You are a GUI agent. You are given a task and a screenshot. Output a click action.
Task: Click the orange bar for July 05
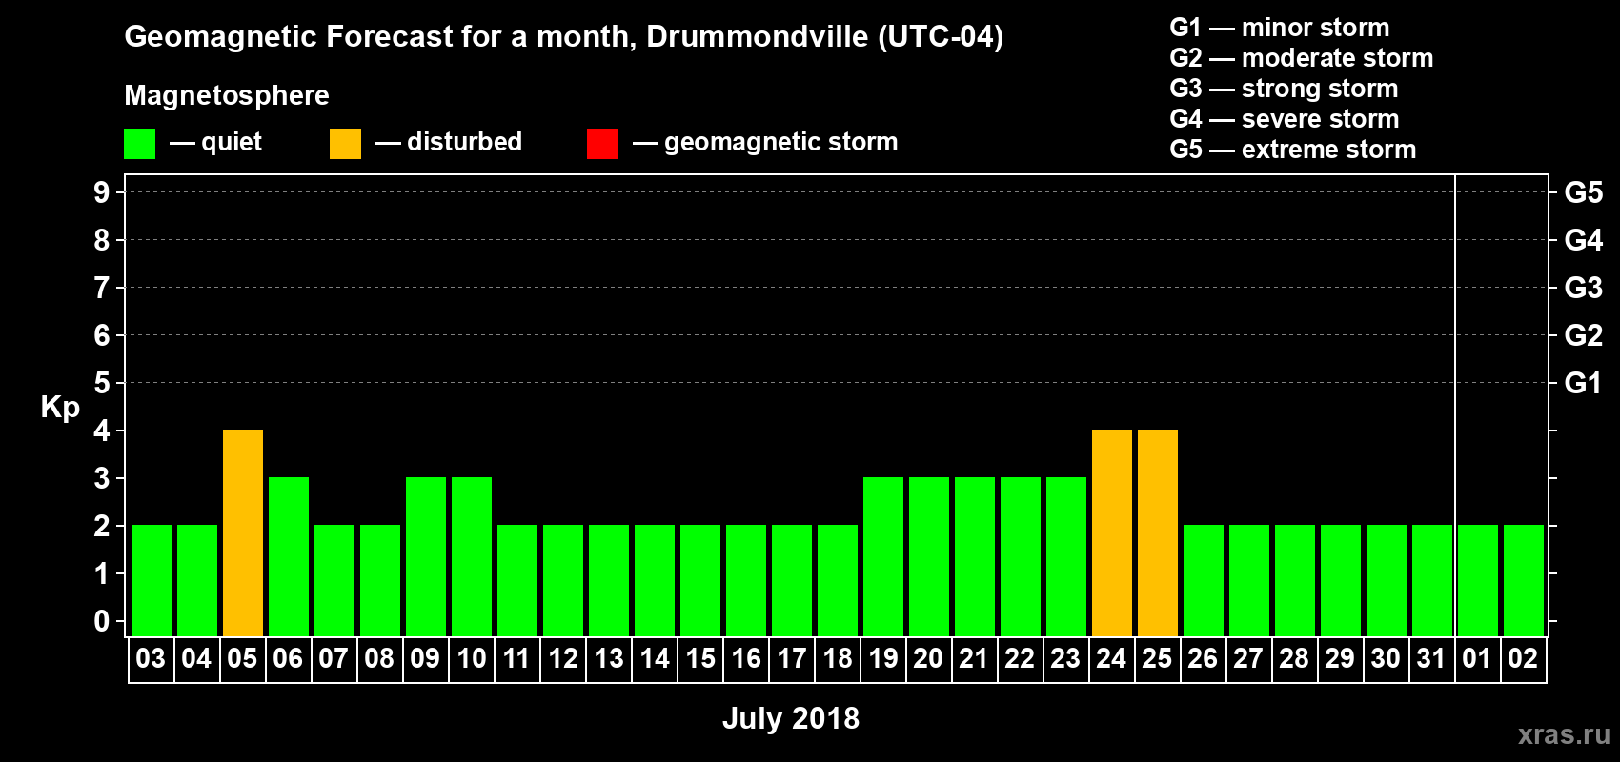click(x=243, y=532)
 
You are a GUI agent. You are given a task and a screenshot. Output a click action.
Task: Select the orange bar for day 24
click(x=1112, y=532)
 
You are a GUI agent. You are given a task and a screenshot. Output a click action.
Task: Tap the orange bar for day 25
click(x=1158, y=532)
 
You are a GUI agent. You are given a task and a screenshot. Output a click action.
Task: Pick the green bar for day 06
click(x=289, y=556)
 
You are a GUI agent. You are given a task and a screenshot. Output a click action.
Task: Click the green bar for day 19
click(x=883, y=556)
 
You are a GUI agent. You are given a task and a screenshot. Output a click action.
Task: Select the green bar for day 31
click(x=1432, y=580)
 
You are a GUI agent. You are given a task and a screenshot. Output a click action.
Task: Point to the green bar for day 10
click(x=472, y=556)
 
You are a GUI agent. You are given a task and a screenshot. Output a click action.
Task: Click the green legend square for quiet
click(x=139, y=144)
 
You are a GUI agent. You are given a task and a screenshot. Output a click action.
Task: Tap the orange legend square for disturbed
click(x=345, y=144)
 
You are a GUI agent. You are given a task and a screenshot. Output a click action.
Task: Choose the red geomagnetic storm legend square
click(x=602, y=144)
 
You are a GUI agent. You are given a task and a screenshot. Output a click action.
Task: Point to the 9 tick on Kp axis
click(x=102, y=192)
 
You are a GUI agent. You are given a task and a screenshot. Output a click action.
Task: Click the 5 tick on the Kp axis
click(x=102, y=383)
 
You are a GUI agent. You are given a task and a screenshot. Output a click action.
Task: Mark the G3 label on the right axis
click(x=1583, y=288)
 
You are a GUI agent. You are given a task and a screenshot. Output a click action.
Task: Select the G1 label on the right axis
click(x=1583, y=383)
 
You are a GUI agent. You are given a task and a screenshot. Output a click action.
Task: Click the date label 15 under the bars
click(x=700, y=658)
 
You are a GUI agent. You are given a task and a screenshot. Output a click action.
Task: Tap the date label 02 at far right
click(x=1523, y=658)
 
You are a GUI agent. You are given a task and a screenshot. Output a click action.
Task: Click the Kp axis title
click(x=60, y=408)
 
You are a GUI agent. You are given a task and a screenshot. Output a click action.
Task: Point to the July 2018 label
click(x=791, y=718)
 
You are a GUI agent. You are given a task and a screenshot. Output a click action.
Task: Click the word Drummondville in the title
click(x=758, y=37)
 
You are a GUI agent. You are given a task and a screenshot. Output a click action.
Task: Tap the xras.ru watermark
click(x=1564, y=734)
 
